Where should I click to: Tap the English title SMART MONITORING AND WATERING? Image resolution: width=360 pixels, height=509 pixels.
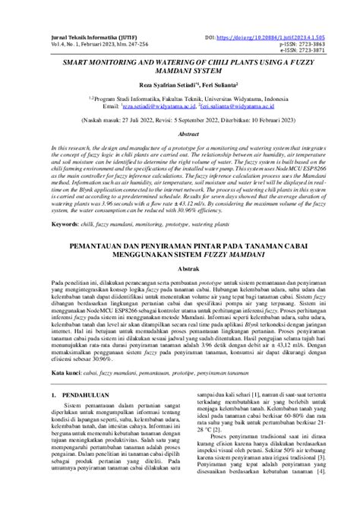coord(179,70)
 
